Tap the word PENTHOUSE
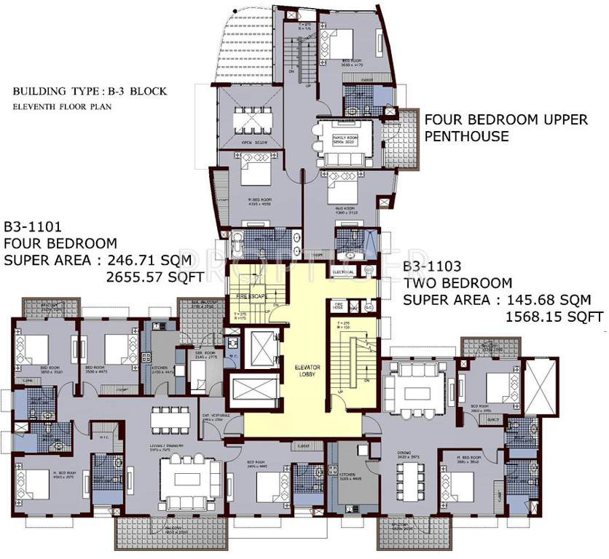(x=466, y=137)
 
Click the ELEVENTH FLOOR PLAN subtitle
(x=56, y=106)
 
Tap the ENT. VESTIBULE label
(x=211, y=418)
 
